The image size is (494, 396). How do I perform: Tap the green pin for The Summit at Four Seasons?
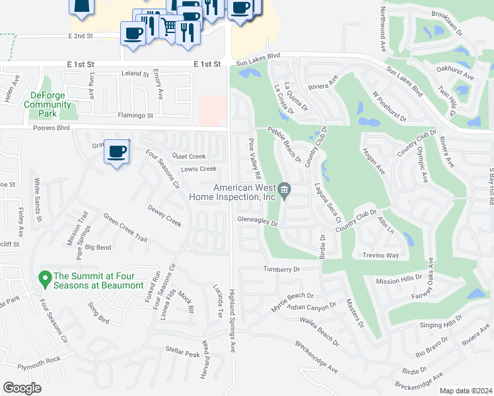pyautogui.click(x=45, y=279)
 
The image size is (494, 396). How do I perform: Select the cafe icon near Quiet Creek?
pyautogui.click(x=117, y=153)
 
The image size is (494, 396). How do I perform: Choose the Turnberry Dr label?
pyautogui.click(x=282, y=269)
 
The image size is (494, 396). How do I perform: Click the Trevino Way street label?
pyautogui.click(x=380, y=255)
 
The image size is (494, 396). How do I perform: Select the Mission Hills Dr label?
pyautogui.click(x=398, y=280)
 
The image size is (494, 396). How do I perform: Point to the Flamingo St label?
pyautogui.click(x=135, y=115)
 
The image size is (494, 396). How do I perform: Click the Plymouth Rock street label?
pyautogui.click(x=40, y=360)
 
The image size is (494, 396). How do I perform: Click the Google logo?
pyautogui.click(x=22, y=388)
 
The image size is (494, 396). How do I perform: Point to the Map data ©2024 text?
pyautogui.click(x=465, y=391)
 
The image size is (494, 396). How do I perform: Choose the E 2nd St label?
pyautogui.click(x=83, y=36)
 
